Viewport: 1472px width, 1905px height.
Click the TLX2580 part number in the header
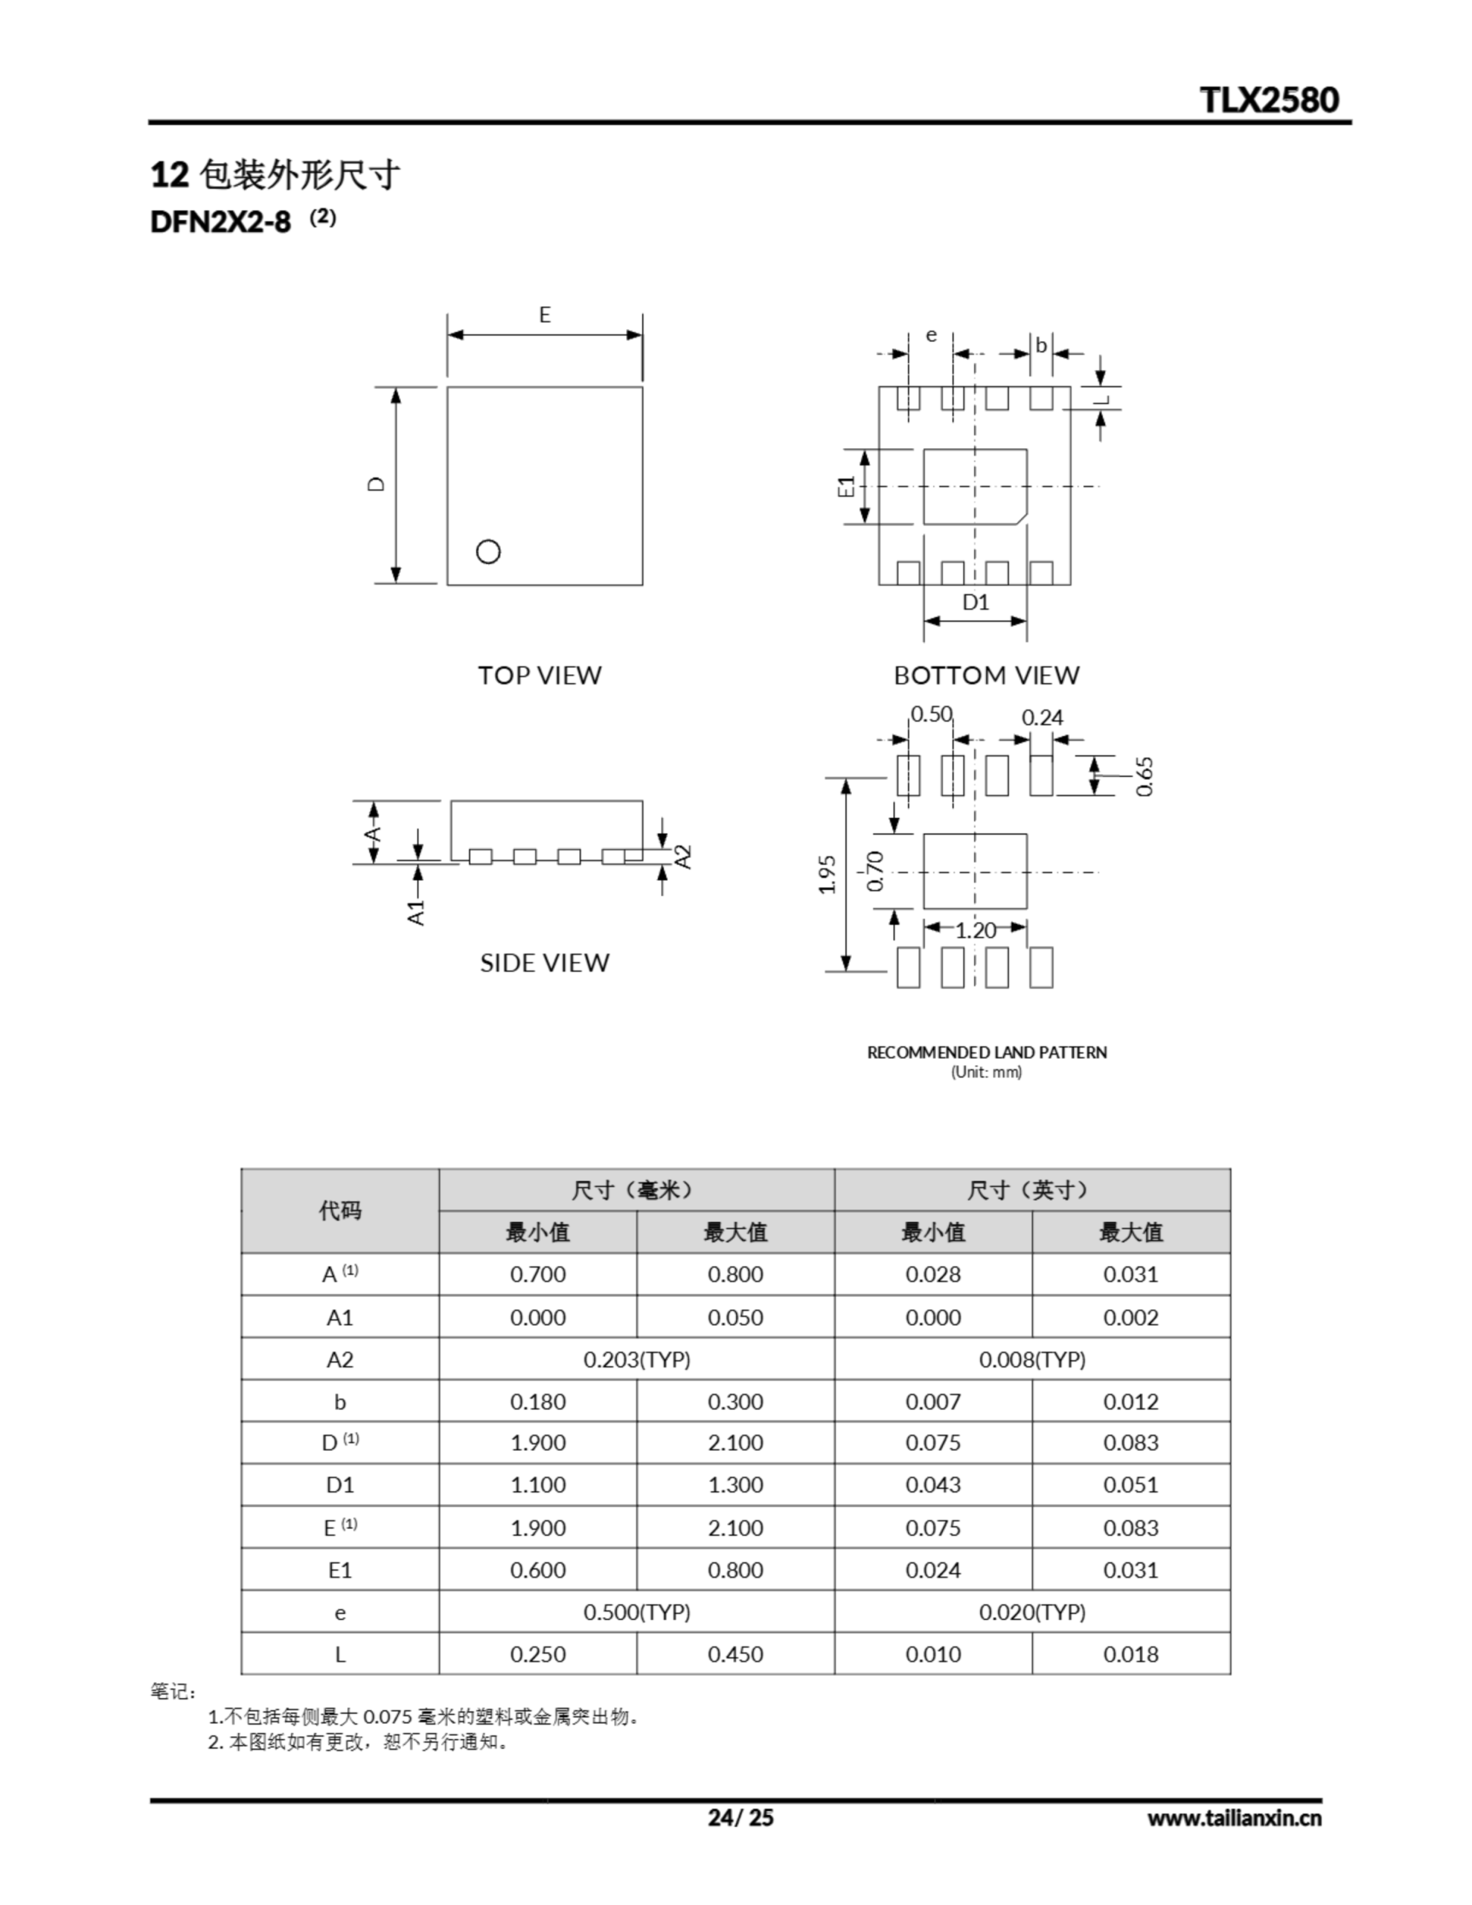[1269, 100]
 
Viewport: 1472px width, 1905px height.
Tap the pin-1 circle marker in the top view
[487, 551]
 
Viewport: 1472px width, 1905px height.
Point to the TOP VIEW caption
[540, 675]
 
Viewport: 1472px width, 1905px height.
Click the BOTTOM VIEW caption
[986, 675]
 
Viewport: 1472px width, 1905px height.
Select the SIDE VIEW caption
[545, 963]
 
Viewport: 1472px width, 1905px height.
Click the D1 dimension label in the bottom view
[976, 602]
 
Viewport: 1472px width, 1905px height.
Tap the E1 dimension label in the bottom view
[845, 487]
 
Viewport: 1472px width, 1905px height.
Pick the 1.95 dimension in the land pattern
[828, 874]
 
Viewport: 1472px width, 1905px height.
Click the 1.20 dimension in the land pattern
[975, 931]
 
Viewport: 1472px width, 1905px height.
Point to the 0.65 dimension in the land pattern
[1145, 775]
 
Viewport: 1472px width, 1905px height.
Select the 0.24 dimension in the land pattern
[1042, 718]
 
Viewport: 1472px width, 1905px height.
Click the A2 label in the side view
[684, 857]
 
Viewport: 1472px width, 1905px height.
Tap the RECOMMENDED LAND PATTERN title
[986, 1053]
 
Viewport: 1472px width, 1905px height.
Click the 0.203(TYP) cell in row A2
[636, 1360]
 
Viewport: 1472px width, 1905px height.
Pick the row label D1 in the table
[339, 1485]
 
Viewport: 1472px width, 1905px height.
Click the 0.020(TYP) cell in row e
[1031, 1612]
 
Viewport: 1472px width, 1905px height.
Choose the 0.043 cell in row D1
[932, 1485]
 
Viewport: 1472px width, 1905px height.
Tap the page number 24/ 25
[740, 1818]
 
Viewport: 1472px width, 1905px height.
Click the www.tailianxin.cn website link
[1234, 1819]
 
